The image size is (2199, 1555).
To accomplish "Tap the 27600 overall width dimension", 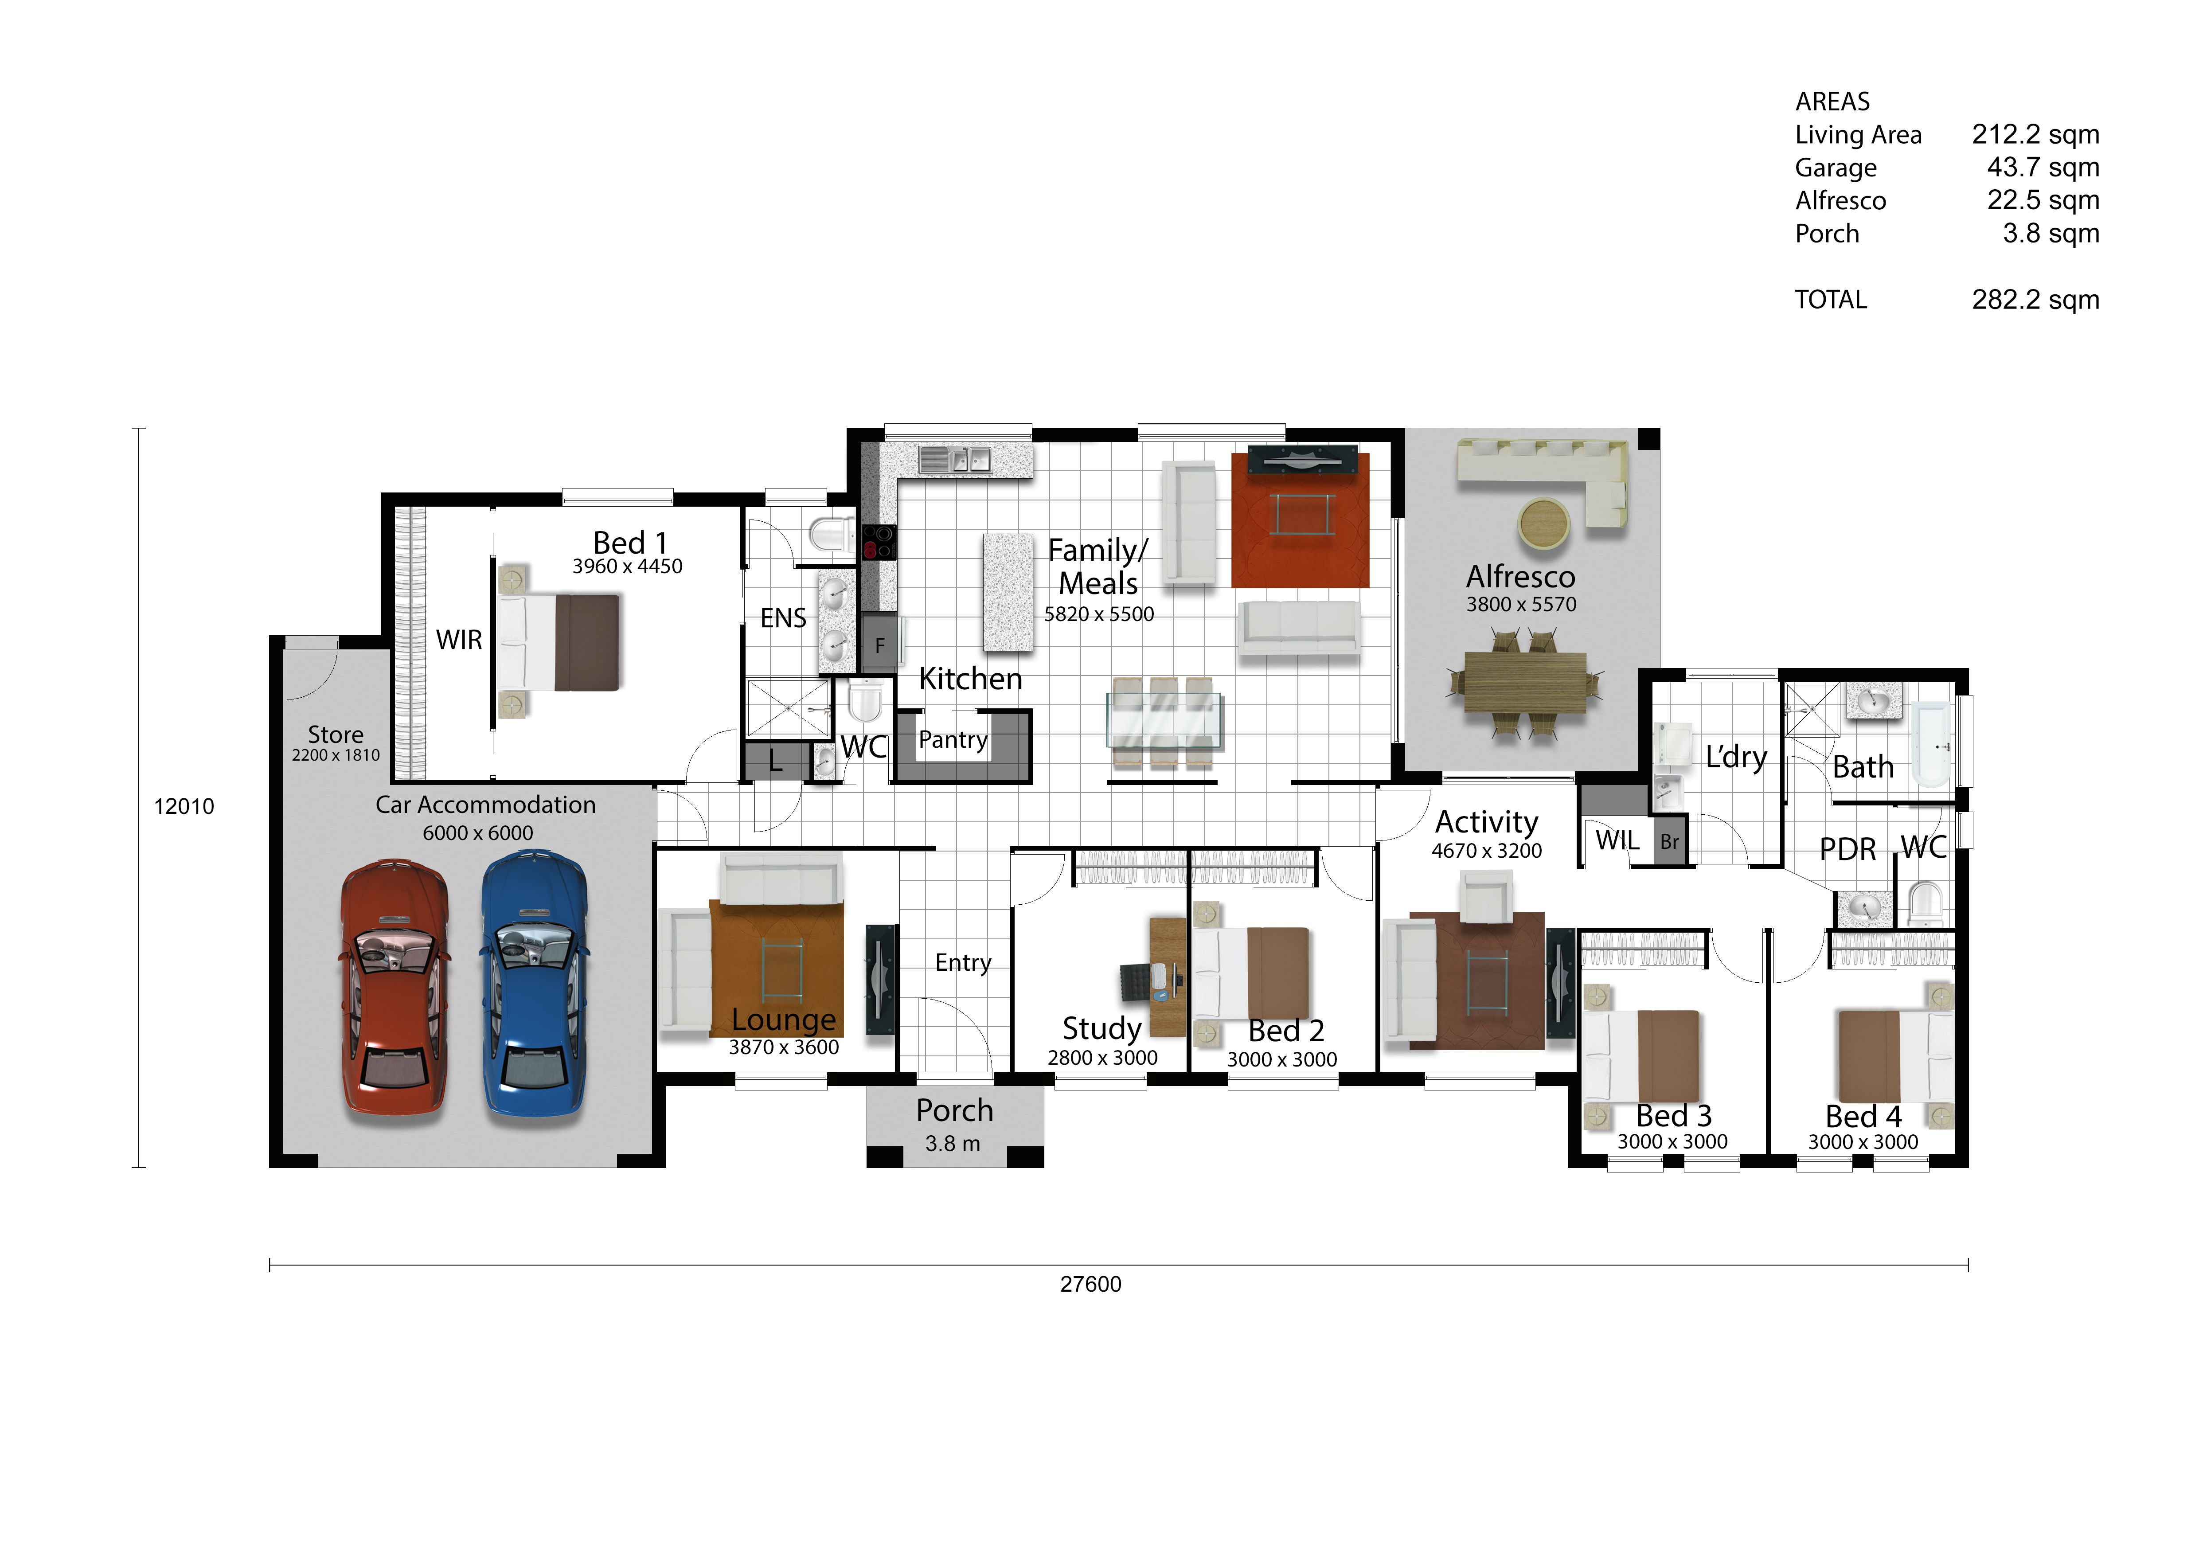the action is pos(1090,1284).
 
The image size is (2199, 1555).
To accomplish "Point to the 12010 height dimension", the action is pos(184,806).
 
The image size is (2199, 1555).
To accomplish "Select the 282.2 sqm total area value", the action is pos(2035,300).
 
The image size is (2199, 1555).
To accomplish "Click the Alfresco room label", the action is pos(1520,576).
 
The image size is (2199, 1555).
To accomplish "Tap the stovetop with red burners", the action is pos(878,542).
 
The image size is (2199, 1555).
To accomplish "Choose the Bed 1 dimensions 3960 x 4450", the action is pos(627,566).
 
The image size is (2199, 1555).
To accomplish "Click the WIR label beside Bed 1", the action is pos(459,640).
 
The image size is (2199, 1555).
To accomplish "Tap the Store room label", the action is pos(335,735).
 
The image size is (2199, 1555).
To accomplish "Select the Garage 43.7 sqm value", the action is pos(2043,168).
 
